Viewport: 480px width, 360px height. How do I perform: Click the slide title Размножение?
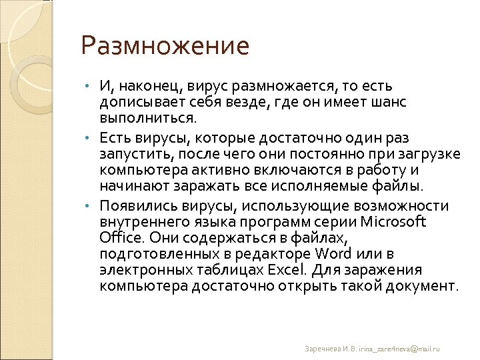click(x=165, y=47)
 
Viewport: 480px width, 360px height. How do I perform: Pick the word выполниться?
click(x=148, y=119)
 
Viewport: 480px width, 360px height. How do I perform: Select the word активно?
click(x=221, y=171)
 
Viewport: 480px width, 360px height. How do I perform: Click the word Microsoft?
click(x=393, y=222)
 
